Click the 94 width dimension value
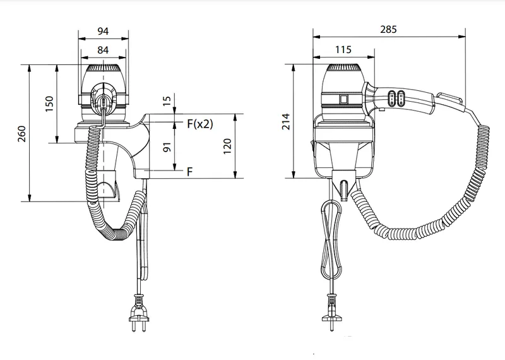[103, 31]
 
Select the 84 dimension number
[103, 50]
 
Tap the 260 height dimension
[22, 134]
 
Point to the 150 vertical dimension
[49, 104]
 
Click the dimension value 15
[167, 101]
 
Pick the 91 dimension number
[167, 147]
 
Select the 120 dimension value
[227, 146]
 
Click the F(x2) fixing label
[200, 123]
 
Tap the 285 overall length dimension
[388, 29]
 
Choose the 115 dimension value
[343, 50]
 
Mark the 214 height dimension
[286, 121]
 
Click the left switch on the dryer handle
[392, 98]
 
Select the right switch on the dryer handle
[401, 98]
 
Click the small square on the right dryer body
[343, 99]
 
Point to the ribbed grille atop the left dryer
[103, 68]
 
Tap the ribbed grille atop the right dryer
[343, 68]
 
